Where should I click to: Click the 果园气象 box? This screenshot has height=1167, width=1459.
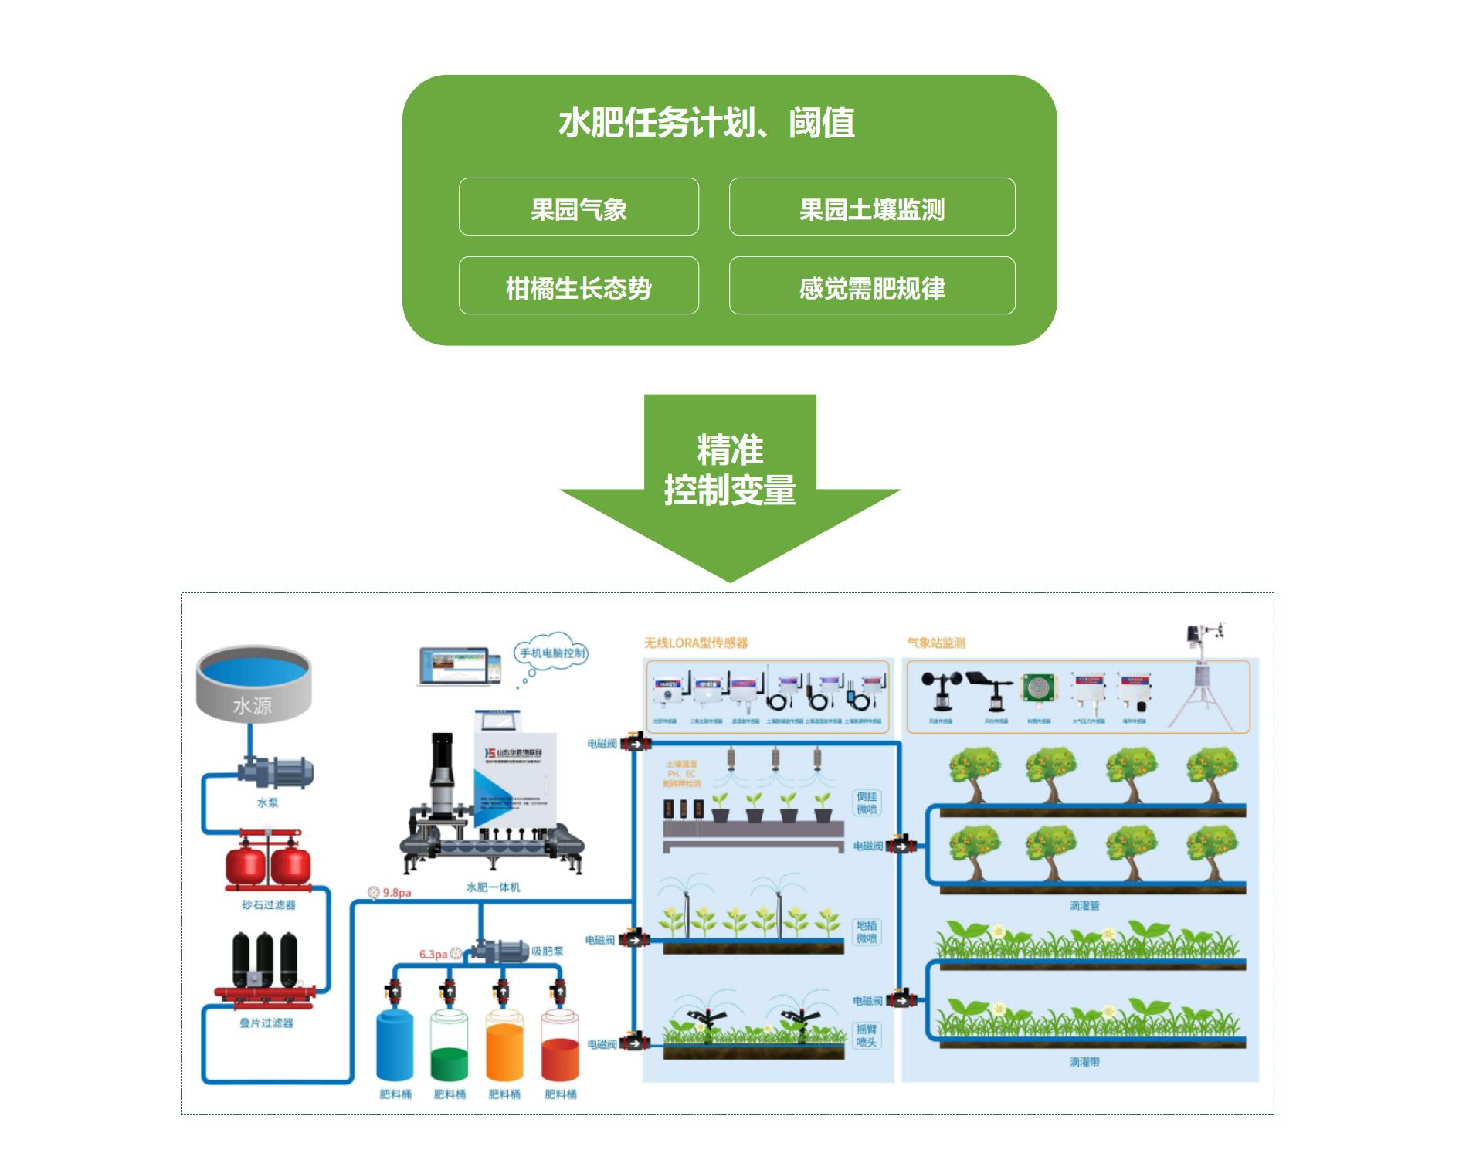tap(579, 207)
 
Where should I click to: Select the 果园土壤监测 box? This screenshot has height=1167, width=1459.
tap(871, 207)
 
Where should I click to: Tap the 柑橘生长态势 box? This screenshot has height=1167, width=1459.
tap(579, 286)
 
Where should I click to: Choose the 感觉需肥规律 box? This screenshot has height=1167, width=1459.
tap(871, 286)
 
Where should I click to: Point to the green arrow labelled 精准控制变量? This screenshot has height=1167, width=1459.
tap(730, 479)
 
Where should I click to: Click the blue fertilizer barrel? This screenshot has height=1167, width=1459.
tap(395, 1044)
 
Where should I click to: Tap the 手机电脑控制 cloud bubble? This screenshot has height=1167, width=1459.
tap(552, 653)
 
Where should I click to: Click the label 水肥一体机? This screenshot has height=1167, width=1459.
tap(493, 887)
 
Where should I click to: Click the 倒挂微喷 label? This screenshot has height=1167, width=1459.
tap(867, 802)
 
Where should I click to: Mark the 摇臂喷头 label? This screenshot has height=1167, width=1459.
tap(867, 1036)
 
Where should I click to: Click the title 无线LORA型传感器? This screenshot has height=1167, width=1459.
tap(696, 643)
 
